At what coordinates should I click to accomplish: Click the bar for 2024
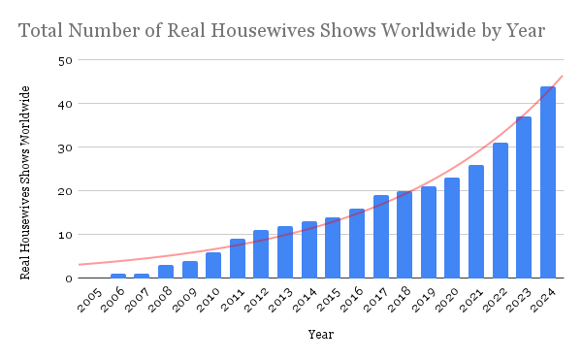[x=548, y=182]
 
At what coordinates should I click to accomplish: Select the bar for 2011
[x=238, y=258]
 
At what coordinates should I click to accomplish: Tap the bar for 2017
[x=381, y=237]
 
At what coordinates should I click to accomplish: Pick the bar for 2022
[x=501, y=211]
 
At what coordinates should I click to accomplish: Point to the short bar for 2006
[x=118, y=276]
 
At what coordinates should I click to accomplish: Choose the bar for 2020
[x=452, y=228]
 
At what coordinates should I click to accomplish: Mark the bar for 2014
[x=309, y=249]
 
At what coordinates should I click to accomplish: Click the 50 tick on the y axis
[x=65, y=60]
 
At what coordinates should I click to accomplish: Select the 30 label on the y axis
[x=65, y=147]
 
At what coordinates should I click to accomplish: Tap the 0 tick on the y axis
[x=69, y=278]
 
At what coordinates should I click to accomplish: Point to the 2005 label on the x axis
[x=90, y=300]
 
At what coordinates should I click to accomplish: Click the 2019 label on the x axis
[x=424, y=300]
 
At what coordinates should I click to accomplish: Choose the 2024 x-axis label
[x=544, y=300]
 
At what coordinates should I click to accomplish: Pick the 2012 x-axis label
[x=256, y=300]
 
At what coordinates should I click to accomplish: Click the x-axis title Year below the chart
[x=321, y=335]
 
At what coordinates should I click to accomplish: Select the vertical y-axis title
[x=25, y=182]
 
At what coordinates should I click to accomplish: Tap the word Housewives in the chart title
[x=262, y=30]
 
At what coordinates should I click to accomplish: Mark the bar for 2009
[x=190, y=270]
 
